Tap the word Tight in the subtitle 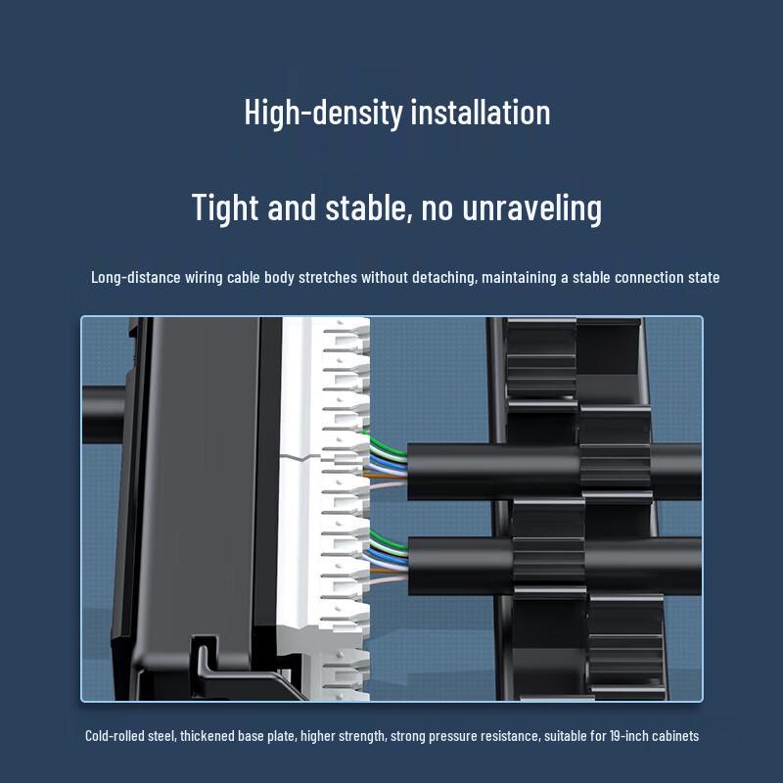point(227,207)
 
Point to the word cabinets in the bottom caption point(670,736)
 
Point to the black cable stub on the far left point(103,401)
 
